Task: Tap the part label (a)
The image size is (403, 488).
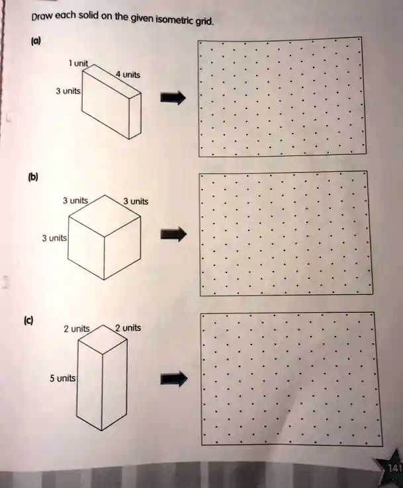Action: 36,41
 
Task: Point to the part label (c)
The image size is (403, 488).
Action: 28,320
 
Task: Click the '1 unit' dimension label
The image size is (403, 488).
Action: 79,63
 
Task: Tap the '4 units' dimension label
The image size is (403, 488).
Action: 128,74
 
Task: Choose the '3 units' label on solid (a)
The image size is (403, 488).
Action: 68,91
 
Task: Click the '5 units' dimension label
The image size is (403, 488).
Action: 63,378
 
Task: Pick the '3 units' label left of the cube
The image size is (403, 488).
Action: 54,238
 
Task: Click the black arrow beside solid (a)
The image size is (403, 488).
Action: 173,98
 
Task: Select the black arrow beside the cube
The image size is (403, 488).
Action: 173,234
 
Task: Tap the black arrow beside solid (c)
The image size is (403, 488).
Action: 174,379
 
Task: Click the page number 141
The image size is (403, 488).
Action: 395,468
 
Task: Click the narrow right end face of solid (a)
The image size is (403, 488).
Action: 135,116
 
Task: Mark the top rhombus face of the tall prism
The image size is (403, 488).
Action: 103,339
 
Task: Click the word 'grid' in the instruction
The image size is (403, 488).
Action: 204,22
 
